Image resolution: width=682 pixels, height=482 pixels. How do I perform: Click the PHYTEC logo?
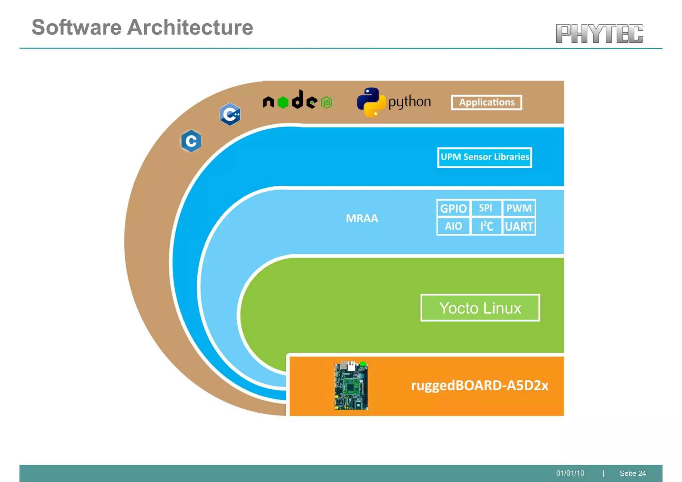point(599,34)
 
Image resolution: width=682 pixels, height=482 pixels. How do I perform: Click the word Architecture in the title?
point(190,27)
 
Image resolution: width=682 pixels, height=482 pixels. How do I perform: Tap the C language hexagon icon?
point(191,141)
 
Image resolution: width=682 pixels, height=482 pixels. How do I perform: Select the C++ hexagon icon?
point(230,114)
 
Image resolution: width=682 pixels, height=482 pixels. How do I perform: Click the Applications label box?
point(487,103)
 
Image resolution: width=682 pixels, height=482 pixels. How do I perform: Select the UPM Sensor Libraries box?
point(485,157)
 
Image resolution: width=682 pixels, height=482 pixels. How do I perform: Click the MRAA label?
point(362,218)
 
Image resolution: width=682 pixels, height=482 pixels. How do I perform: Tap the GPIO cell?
point(453,209)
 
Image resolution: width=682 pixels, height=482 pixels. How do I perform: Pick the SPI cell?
point(486,208)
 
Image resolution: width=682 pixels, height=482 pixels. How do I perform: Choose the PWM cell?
point(519,208)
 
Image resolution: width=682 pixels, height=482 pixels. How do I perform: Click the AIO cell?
point(453,226)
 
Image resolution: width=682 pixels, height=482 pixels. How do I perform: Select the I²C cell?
point(486,226)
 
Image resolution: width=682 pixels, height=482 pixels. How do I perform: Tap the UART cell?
point(519,227)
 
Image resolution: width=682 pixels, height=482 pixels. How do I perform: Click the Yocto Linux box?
point(480,308)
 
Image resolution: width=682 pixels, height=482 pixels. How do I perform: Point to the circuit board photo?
point(351,385)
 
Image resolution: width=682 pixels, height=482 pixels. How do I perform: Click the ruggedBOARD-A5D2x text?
point(480,385)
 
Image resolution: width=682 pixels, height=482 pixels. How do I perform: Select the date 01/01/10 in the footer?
point(570,473)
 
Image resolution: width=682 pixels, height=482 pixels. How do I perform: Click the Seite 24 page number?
point(633,473)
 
